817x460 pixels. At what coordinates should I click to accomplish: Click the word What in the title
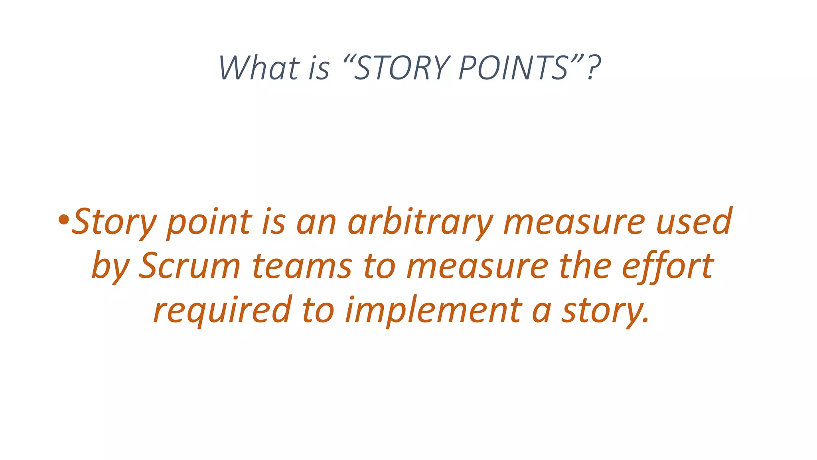(x=259, y=68)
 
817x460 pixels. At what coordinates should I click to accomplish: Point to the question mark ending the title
(x=594, y=68)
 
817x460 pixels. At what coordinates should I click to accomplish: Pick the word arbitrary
(x=420, y=222)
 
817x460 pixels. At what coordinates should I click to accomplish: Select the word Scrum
(x=189, y=266)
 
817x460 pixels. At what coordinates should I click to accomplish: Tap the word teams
(x=302, y=266)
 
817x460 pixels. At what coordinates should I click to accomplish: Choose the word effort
(x=668, y=266)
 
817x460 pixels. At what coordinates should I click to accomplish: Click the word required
(x=223, y=310)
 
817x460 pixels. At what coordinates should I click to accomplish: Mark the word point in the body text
(x=209, y=223)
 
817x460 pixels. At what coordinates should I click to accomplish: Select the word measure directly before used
(x=574, y=222)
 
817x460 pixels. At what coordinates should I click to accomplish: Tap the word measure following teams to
(x=477, y=266)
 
